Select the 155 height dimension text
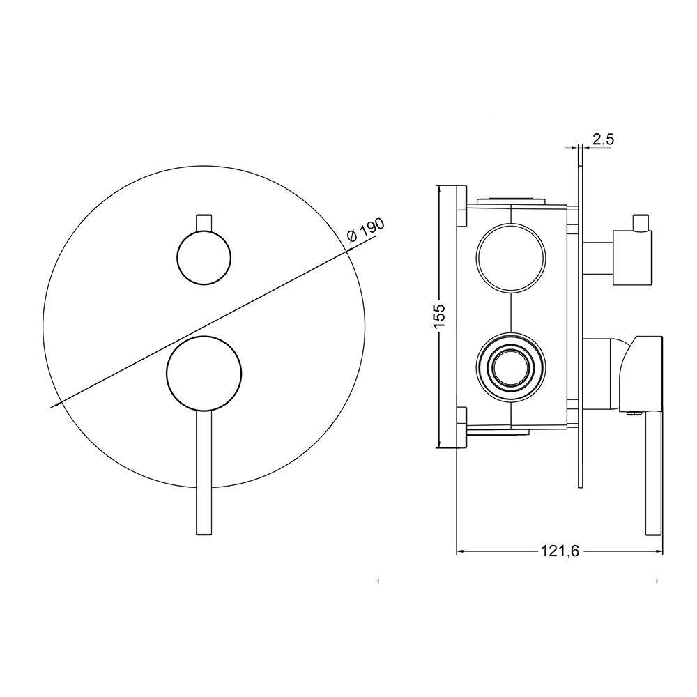pos(438,318)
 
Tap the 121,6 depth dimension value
pos(560,551)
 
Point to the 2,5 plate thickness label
pos(603,139)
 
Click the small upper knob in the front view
pos(204,256)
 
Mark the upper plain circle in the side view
pos(511,257)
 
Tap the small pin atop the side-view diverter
pos(639,221)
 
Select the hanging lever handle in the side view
pos(653,474)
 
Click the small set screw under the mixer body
pos(633,413)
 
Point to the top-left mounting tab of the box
pos(461,206)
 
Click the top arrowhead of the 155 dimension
pos(438,189)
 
